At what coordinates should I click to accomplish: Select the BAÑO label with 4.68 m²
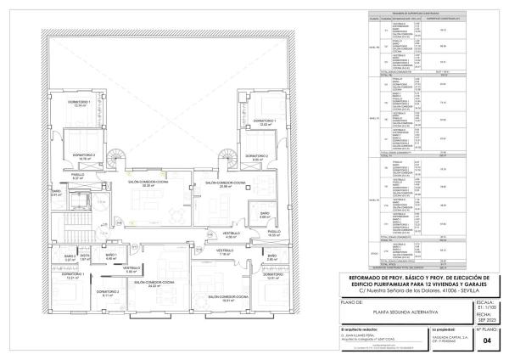click(x=252, y=215)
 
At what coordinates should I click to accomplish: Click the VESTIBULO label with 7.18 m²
click(x=224, y=252)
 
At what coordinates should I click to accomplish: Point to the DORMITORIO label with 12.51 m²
click(x=272, y=277)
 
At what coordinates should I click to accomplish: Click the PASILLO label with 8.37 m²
click(x=77, y=176)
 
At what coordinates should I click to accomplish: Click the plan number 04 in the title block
click(x=486, y=341)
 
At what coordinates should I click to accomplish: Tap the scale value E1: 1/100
click(x=486, y=304)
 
